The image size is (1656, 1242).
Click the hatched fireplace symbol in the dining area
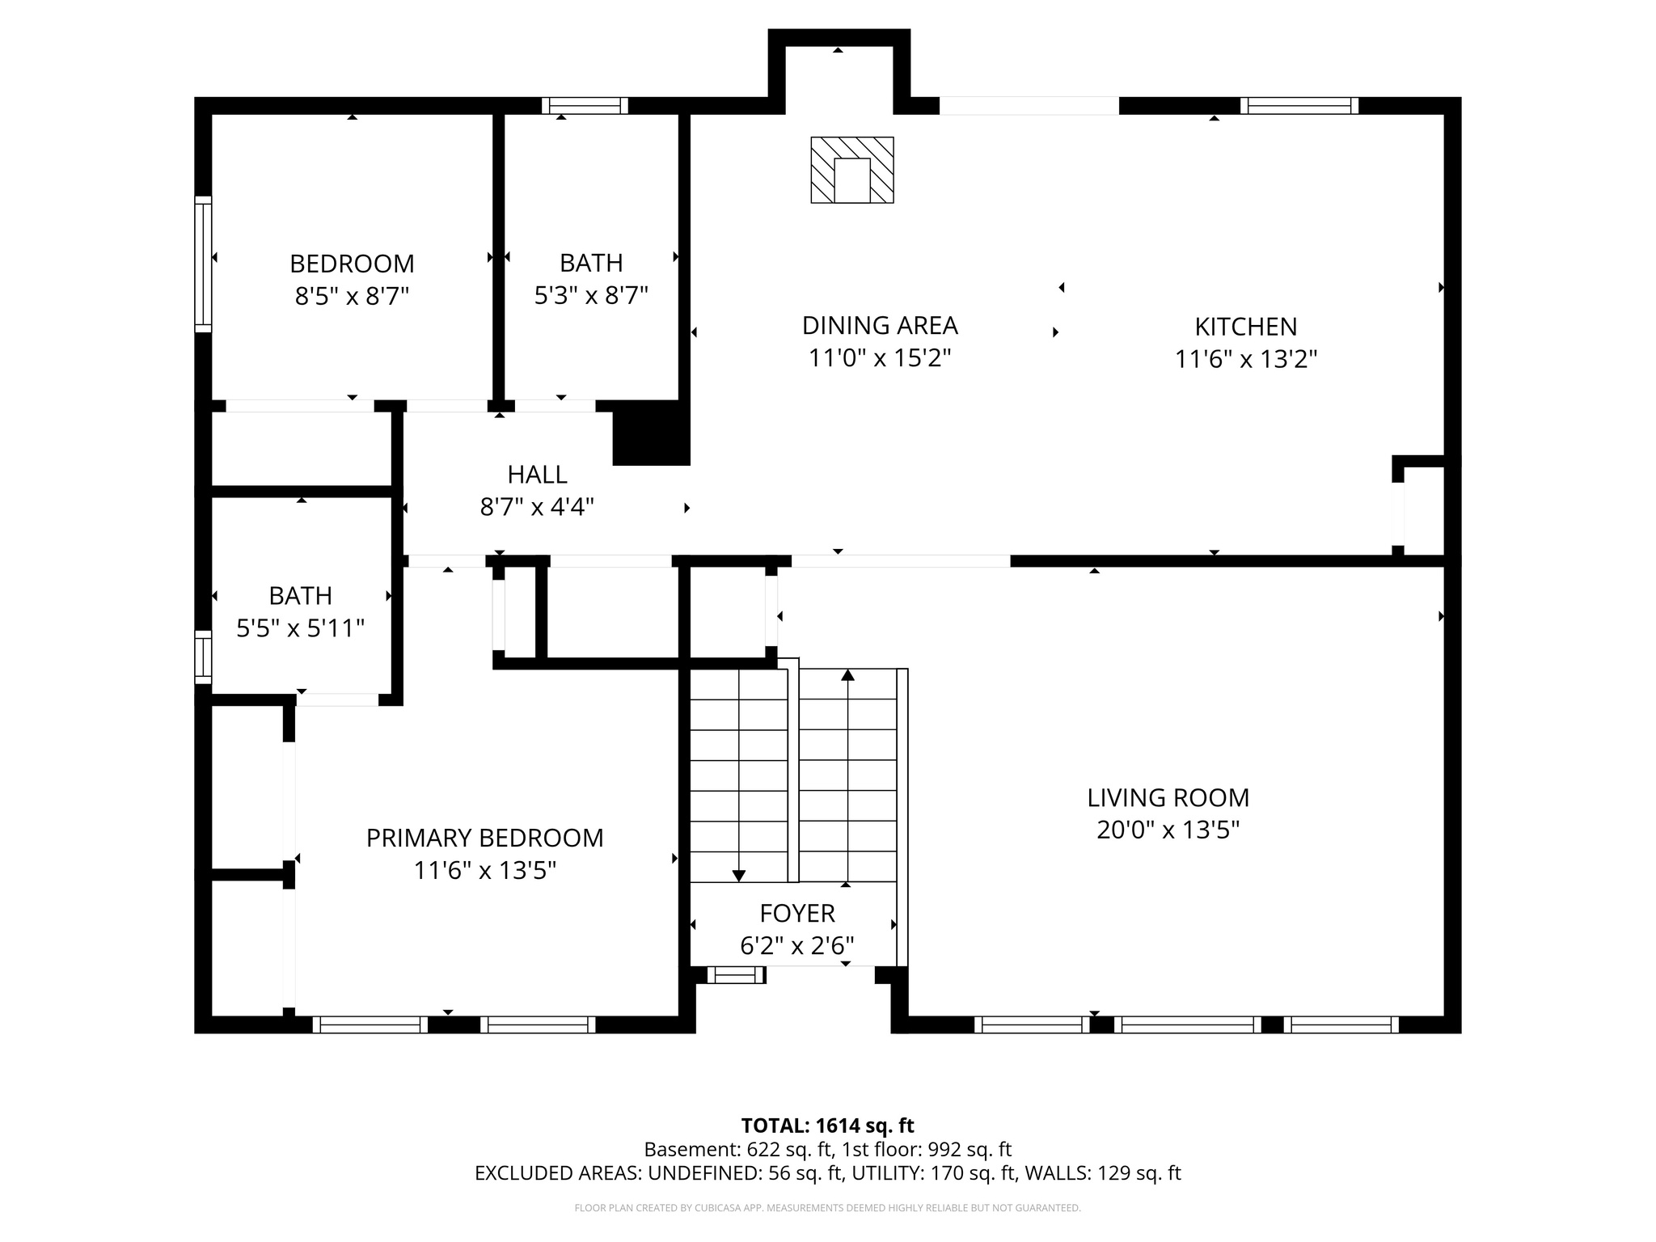tap(852, 170)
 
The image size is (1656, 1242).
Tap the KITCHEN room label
tap(1245, 327)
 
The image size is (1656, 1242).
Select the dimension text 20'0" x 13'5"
tap(1168, 830)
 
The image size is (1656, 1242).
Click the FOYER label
tap(796, 914)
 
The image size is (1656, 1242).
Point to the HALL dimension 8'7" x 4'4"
tap(537, 508)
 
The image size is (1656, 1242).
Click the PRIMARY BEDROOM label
tap(484, 838)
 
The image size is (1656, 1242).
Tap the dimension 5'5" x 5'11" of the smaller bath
tap(300, 628)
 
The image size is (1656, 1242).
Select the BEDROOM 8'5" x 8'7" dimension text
tap(352, 296)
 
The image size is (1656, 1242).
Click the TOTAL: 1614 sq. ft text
tap(827, 1126)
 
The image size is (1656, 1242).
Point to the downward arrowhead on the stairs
tap(738, 876)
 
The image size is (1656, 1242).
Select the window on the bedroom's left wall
tap(203, 264)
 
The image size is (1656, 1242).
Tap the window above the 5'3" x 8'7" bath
tap(585, 105)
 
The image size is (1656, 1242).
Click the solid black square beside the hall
tap(651, 434)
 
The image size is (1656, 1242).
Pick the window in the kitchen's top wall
tap(1299, 105)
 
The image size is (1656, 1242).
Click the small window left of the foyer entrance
tap(735, 975)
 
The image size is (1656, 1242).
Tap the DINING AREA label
tap(879, 326)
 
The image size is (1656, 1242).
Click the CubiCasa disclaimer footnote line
tap(827, 1208)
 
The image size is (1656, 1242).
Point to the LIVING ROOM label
tap(1168, 798)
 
